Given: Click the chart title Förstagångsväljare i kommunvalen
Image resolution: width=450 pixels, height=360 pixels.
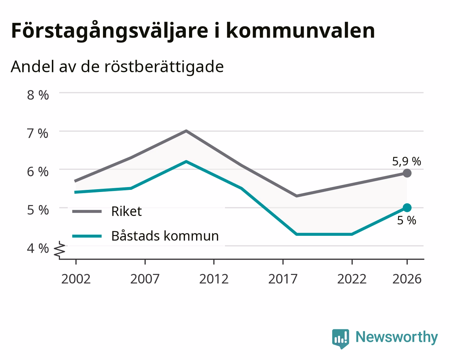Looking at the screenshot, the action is click(193, 31).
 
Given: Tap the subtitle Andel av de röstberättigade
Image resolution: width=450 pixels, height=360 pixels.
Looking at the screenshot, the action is click(117, 67).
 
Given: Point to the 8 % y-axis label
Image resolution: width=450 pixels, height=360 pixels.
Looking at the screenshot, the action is click(38, 95).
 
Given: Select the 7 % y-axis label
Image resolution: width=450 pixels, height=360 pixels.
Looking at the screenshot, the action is click(38, 133).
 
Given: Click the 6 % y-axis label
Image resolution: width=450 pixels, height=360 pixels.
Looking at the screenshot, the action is click(38, 172).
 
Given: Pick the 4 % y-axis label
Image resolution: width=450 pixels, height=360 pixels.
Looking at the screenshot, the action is click(38, 248).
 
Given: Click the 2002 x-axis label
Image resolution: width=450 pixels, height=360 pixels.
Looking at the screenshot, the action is click(76, 279).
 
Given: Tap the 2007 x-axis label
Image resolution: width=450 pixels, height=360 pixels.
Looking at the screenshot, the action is click(145, 279).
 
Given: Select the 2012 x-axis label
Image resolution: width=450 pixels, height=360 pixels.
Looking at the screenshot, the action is click(214, 279).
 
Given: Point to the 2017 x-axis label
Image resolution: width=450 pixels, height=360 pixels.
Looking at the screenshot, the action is click(283, 279).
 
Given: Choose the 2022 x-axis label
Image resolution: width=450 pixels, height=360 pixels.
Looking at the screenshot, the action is click(352, 279).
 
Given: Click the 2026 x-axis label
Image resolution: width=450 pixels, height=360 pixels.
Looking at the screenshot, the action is click(407, 279).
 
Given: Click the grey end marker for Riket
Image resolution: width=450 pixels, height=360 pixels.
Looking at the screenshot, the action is click(407, 173).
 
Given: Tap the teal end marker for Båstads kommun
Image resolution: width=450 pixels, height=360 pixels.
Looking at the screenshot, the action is click(407, 208).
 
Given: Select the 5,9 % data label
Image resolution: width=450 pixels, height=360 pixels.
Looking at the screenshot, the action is click(407, 161).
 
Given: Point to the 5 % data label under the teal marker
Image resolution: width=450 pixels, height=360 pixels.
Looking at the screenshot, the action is click(407, 220).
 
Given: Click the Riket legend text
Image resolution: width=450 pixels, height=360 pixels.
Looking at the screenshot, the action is click(127, 211).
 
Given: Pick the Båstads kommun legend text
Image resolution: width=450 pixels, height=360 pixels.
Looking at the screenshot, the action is click(165, 236).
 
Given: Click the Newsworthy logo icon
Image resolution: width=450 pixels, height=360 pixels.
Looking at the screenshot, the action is click(340, 339).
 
